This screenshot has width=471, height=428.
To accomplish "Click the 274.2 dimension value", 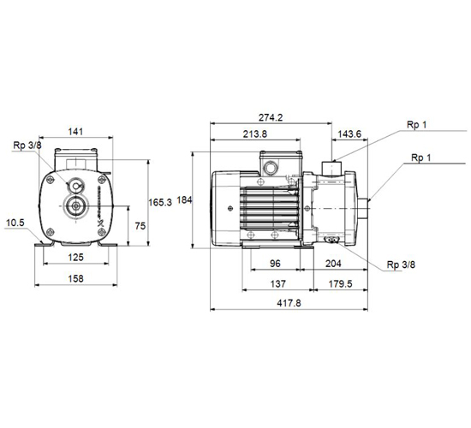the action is pyautogui.click(x=271, y=117).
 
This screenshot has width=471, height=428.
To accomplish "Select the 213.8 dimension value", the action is pyautogui.click(x=254, y=134).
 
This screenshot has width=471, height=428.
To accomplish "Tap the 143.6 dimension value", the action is pyautogui.click(x=349, y=134).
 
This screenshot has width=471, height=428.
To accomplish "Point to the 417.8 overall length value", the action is pyautogui.click(x=289, y=303).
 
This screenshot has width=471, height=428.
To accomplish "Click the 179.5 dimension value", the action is pyautogui.click(x=340, y=284).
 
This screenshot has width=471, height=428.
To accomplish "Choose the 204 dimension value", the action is pyautogui.click(x=333, y=264).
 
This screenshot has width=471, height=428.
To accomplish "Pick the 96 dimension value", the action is pyautogui.click(x=275, y=264).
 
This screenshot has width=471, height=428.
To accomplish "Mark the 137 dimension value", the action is pyautogui.click(x=277, y=284).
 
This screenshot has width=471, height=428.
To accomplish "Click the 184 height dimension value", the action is pyautogui.click(x=184, y=200).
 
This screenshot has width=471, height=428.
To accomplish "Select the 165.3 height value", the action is pyautogui.click(x=160, y=202).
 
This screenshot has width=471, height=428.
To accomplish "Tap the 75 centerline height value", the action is pyautogui.click(x=140, y=226).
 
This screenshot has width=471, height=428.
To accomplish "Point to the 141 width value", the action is pyautogui.click(x=75, y=132).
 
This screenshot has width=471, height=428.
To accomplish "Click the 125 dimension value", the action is pyautogui.click(x=75, y=258).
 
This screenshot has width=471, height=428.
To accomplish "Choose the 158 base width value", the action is pyautogui.click(x=75, y=279).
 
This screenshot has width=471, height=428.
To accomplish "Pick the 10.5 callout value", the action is pyautogui.click(x=15, y=223).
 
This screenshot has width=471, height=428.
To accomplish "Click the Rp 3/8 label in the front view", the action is pyautogui.click(x=27, y=146).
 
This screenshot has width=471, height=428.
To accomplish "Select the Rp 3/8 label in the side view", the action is pyautogui.click(x=401, y=265).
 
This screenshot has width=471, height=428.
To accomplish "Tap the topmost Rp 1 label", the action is pyautogui.click(x=417, y=125).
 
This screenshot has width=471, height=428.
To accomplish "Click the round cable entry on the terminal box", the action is pyautogui.click(x=270, y=167).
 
